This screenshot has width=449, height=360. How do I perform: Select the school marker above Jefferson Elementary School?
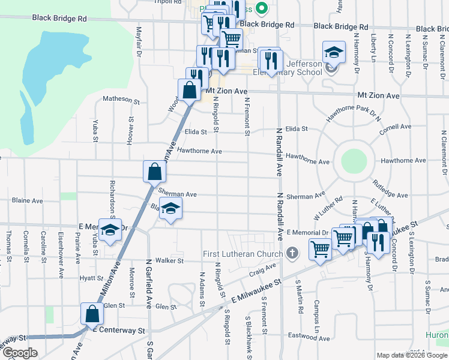coord(334,52)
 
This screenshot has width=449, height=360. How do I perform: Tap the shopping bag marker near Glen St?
coord(92,314)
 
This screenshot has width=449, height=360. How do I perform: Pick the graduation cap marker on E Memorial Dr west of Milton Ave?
coord(110,230)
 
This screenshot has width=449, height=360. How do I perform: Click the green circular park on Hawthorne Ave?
coord(354,161)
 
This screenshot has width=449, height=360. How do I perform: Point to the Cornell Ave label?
coord(395,127)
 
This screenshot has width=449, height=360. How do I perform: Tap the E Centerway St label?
coord(118,331)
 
